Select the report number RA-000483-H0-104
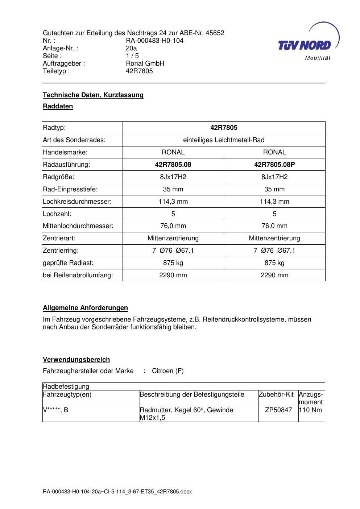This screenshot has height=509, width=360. [x=154, y=41]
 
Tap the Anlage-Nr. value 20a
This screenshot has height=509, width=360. [x=131, y=48]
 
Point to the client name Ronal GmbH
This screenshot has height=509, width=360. [x=145, y=63]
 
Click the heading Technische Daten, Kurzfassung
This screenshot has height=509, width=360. [x=93, y=95]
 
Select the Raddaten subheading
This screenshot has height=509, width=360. [x=58, y=106]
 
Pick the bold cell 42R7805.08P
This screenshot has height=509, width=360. [x=274, y=165]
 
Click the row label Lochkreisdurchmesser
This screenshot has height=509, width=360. [x=77, y=202]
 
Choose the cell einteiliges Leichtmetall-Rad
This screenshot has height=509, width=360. [x=224, y=140]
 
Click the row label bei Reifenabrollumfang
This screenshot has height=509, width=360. [x=78, y=275]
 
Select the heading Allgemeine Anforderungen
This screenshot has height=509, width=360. [x=85, y=308]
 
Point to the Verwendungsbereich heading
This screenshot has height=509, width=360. [x=76, y=360]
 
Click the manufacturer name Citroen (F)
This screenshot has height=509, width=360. [x=168, y=371]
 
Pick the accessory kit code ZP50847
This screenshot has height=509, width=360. [x=278, y=410]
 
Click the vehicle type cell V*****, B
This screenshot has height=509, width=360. [x=55, y=410]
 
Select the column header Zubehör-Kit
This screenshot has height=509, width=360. [x=276, y=394]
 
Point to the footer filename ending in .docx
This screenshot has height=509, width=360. [x=117, y=492]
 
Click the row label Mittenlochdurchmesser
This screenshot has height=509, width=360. [x=78, y=226]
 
